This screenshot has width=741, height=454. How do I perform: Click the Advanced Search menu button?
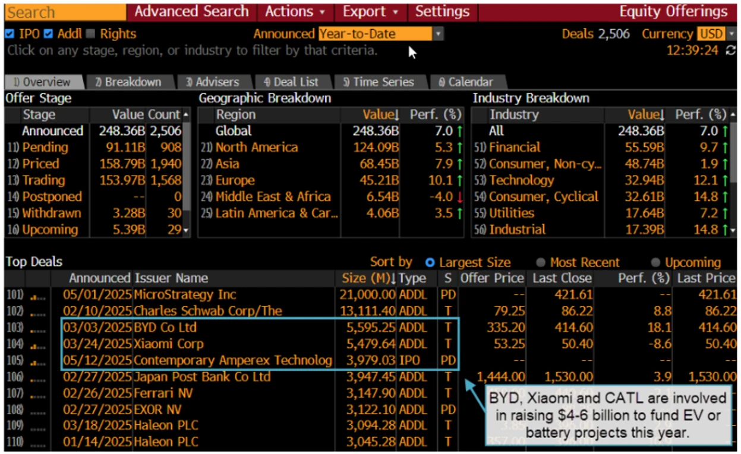191,12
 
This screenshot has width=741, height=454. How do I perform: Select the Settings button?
442,12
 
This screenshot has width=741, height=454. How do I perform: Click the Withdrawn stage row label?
52,213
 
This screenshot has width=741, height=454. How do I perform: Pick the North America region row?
257,147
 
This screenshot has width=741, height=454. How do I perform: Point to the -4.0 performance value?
440,196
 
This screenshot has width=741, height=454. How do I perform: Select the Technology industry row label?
521,180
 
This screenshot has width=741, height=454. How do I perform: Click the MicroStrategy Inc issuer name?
185,295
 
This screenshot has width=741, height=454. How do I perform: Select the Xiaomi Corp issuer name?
169,343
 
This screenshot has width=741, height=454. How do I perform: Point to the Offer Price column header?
492,278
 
